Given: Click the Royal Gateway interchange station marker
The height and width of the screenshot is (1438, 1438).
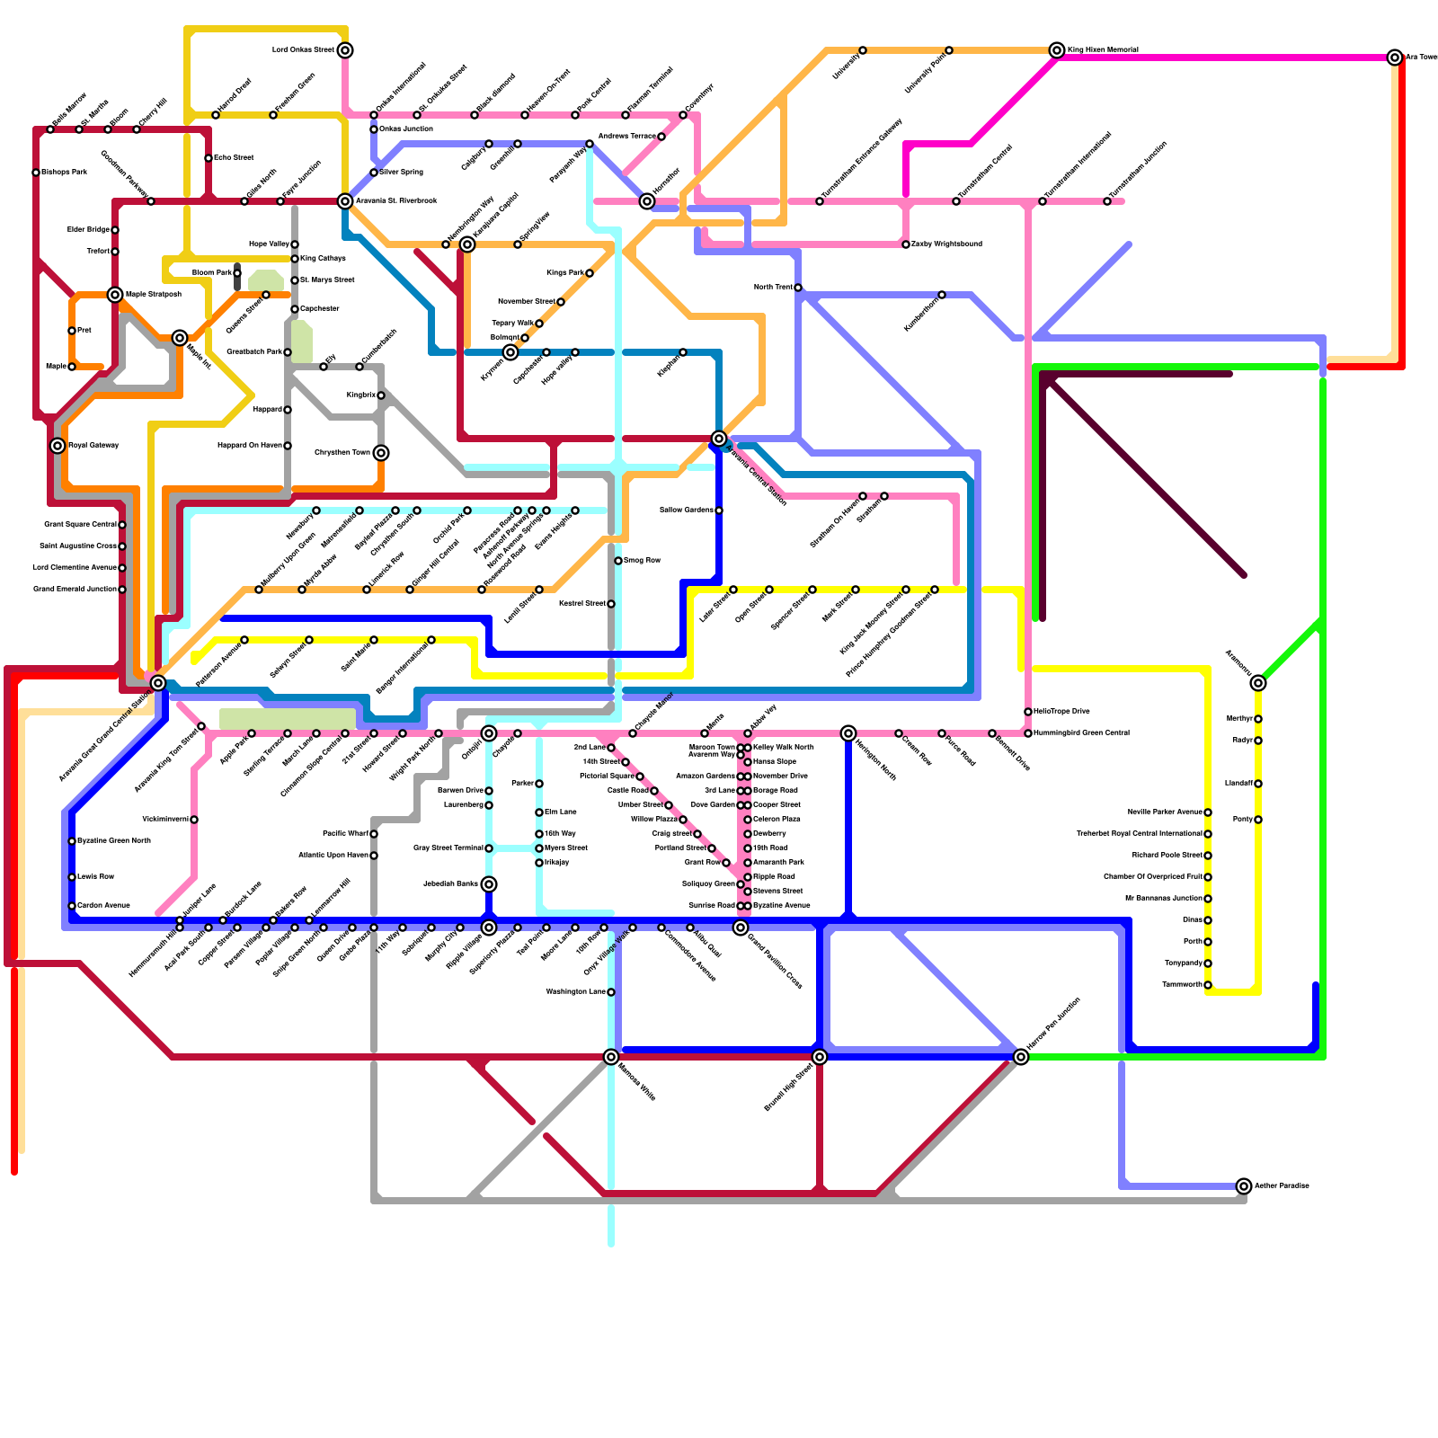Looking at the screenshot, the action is pyautogui.click(x=58, y=446).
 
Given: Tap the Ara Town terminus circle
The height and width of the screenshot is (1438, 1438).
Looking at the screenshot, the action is pyautogui.click(x=1395, y=58).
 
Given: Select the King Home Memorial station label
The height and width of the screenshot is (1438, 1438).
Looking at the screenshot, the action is pyautogui.click(x=1103, y=50).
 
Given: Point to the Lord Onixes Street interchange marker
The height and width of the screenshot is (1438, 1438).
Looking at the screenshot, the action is pyautogui.click(x=345, y=50).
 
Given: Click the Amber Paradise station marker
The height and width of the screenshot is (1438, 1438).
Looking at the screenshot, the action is pyautogui.click(x=1244, y=1186).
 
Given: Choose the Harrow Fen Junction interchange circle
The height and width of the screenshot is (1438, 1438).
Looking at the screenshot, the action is pyautogui.click(x=1021, y=1057).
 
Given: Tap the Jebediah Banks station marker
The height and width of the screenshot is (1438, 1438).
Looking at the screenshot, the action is pyautogui.click(x=489, y=884).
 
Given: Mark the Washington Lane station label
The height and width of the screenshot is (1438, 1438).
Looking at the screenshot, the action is pyautogui.click(x=576, y=992).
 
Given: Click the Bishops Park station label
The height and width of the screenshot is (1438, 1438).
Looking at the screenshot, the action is pyautogui.click(x=65, y=173).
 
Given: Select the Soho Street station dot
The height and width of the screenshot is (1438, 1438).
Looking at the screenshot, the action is pyautogui.click(x=209, y=158).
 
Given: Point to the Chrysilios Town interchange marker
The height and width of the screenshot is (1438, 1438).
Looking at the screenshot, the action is pyautogui.click(x=381, y=453).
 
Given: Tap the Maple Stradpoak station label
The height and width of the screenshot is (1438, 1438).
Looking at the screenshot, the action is pyautogui.click(x=154, y=295).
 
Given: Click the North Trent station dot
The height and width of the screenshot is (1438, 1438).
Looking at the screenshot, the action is pyautogui.click(x=798, y=288).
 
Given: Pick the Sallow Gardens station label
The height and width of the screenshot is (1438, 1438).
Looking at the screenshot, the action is pyautogui.click(x=687, y=510).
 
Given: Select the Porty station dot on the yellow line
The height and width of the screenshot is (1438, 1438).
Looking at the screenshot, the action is pyautogui.click(x=1258, y=820).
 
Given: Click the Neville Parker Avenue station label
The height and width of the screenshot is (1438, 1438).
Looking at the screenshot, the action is pyautogui.click(x=1165, y=812).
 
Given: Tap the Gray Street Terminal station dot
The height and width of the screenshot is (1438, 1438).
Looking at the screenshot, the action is pyautogui.click(x=489, y=848).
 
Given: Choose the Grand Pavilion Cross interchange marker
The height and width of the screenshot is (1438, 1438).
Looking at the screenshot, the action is pyautogui.click(x=741, y=928).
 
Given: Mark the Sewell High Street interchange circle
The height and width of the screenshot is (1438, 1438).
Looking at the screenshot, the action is pyautogui.click(x=820, y=1057).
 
